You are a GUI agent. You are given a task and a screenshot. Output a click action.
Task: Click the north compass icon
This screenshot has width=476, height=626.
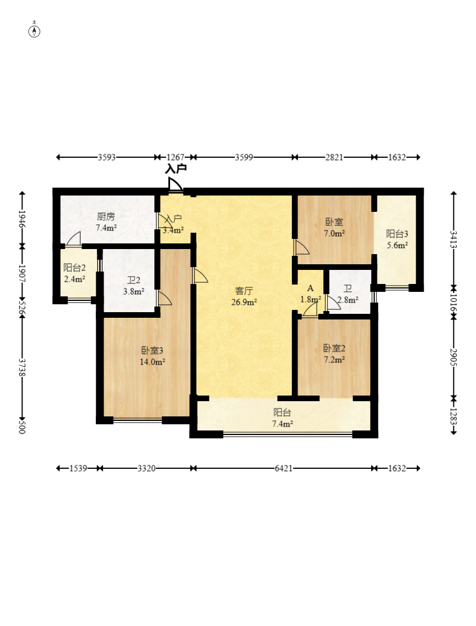tap(34, 31)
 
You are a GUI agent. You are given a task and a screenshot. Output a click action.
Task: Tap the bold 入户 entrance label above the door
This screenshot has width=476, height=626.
tap(176, 169)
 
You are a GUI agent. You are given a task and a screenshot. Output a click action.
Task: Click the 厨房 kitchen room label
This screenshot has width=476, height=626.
tap(106, 217)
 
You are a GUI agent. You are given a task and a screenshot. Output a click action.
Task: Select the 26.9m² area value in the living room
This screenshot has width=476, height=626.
tap(244, 302)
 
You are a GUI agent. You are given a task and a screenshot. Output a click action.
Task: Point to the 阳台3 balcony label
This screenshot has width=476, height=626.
tap(397, 234)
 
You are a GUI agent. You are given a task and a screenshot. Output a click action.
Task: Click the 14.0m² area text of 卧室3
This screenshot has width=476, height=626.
tap(153, 362)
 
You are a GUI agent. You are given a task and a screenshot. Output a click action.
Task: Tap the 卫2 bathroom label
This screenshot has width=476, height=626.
tap(134, 280)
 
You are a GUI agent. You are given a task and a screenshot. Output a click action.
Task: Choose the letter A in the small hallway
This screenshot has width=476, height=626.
tap(310, 288)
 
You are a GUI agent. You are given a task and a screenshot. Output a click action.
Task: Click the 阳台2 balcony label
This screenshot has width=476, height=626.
tap(74, 268)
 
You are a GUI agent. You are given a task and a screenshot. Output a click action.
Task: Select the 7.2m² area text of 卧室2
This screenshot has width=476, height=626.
tap(335, 359)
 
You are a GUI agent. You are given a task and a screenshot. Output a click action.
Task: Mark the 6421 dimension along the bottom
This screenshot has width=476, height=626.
tap(284, 468)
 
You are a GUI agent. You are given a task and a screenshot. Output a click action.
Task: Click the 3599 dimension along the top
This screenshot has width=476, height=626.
tap(244, 157)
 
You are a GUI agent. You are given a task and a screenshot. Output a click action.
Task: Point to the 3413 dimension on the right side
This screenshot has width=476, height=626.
tap(453, 239)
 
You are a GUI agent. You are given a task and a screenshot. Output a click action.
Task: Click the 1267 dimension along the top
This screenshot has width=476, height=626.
tap(175, 157)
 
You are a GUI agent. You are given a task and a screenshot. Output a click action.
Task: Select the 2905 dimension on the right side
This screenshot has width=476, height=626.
tap(453, 357)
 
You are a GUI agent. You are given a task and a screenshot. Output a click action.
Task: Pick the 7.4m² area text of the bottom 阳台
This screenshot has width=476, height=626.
tap(282, 424)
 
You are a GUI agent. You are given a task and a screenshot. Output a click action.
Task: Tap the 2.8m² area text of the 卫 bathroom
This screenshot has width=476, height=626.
tap(348, 299)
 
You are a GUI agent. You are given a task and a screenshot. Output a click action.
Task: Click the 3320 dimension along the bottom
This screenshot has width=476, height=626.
tap(146, 468)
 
